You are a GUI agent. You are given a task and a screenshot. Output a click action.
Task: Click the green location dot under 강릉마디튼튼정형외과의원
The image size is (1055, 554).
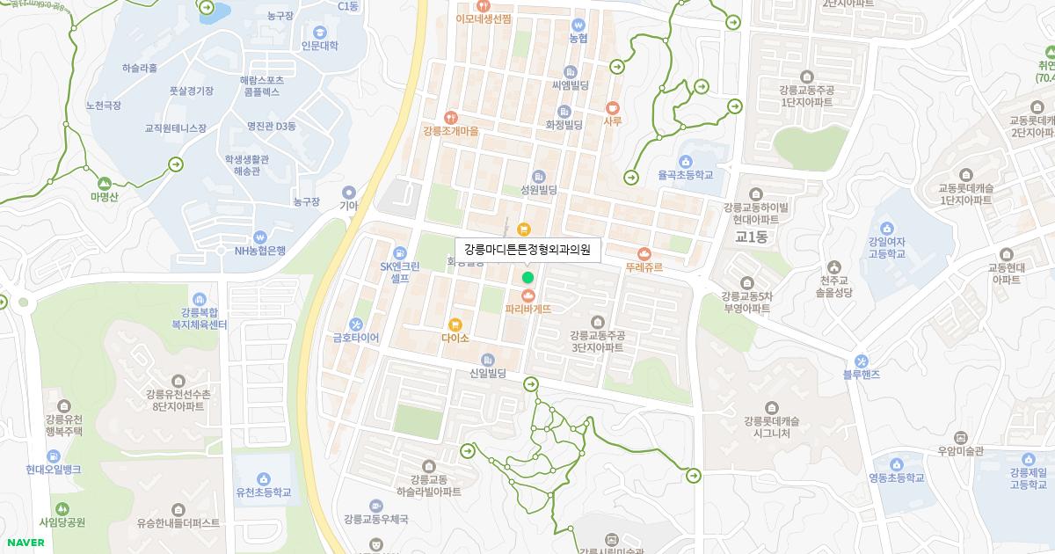click(527, 278)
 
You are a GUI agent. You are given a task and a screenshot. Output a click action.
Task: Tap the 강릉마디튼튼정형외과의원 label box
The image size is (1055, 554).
click(527, 250)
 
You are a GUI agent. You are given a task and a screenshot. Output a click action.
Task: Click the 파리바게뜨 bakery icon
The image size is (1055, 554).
click(528, 295)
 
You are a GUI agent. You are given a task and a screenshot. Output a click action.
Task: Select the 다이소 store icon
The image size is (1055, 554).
click(455, 324)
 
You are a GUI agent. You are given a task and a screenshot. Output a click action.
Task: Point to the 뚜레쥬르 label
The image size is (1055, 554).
click(644, 266)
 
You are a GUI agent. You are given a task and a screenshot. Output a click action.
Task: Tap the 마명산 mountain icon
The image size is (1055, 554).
click(104, 183)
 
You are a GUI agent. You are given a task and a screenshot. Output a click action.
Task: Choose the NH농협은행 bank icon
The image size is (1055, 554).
click(259, 237)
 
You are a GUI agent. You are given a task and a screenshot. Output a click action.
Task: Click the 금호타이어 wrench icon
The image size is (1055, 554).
click(355, 323)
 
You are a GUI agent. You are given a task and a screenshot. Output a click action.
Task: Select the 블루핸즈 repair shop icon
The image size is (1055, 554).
click(862, 361)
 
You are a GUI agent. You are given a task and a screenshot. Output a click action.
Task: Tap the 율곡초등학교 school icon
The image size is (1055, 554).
click(686, 161)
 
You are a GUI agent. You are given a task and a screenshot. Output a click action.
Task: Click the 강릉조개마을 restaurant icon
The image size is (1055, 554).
click(450, 117)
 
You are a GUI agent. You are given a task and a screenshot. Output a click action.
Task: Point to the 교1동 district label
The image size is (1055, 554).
click(752, 237)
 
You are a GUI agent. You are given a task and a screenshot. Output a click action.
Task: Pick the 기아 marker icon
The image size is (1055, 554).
click(349, 192)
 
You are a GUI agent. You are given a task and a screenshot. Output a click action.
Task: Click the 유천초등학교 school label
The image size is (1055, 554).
click(263, 492)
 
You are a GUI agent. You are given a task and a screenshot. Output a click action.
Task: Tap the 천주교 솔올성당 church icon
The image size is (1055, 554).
click(834, 266)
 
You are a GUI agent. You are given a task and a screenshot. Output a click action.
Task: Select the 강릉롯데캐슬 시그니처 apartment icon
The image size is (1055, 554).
click(771, 407)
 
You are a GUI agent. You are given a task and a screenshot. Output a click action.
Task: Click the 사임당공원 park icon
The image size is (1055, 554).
click(62, 508)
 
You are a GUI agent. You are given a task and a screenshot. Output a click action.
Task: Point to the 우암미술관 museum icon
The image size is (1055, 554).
click(960, 437)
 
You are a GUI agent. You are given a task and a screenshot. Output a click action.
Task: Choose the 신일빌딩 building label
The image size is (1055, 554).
click(489, 374)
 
